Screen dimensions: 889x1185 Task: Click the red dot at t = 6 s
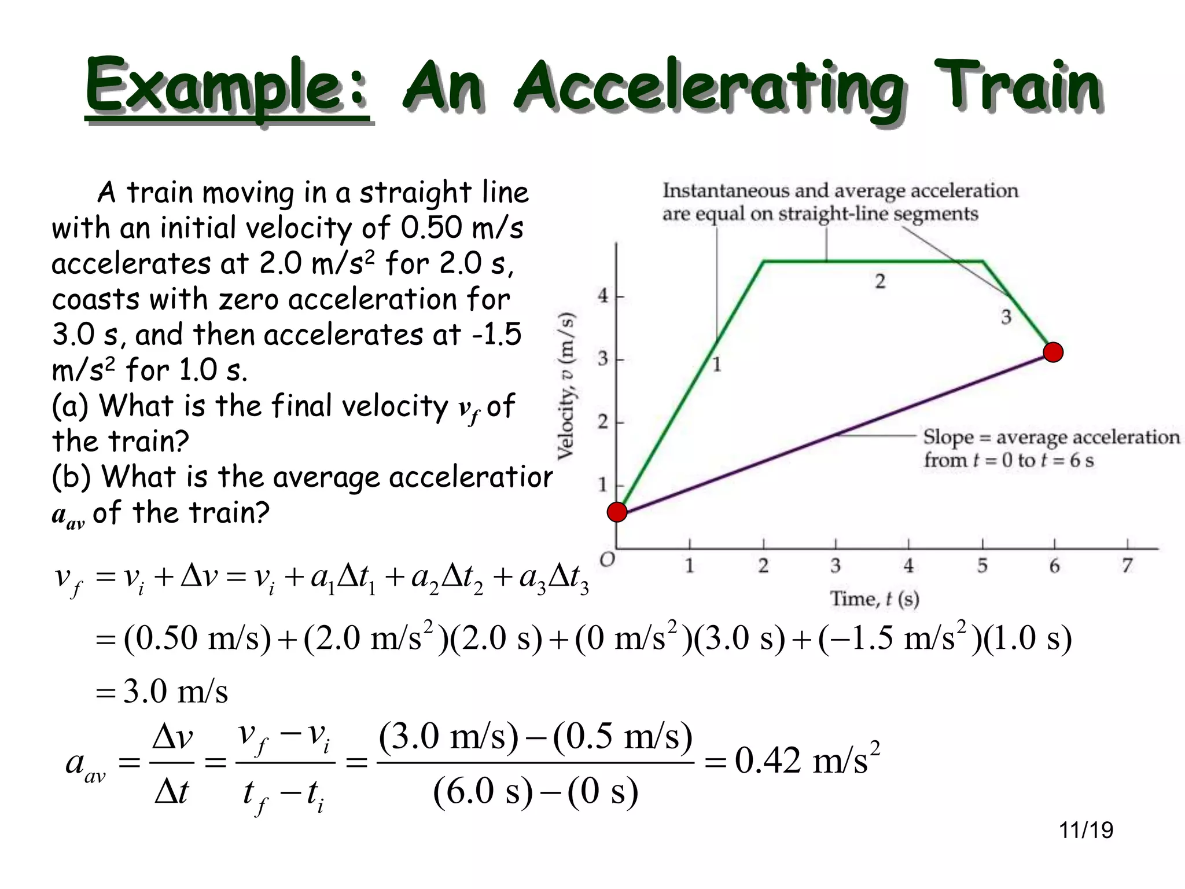[x=1053, y=352]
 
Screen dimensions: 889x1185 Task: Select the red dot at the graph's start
[x=617, y=512]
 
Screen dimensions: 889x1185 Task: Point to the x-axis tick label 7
[x=1127, y=565]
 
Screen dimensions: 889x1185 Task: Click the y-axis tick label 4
[x=603, y=296]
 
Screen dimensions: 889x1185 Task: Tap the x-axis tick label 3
[x=836, y=565]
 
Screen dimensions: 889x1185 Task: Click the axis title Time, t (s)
[x=874, y=598]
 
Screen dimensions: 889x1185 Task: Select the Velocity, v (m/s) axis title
[x=566, y=386]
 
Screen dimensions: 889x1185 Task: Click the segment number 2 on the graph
[x=880, y=281]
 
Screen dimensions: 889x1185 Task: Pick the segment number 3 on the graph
[x=1006, y=317]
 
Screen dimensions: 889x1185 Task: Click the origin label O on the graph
[x=606, y=560]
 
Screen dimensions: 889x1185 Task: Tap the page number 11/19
[x=1085, y=830]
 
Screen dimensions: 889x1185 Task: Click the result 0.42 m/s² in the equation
[x=807, y=760]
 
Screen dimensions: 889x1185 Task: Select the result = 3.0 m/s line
[x=162, y=691]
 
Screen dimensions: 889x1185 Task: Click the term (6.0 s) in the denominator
[x=483, y=791]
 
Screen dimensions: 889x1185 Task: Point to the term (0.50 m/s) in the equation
[x=197, y=639]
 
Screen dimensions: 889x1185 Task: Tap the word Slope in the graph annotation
[x=947, y=437]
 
